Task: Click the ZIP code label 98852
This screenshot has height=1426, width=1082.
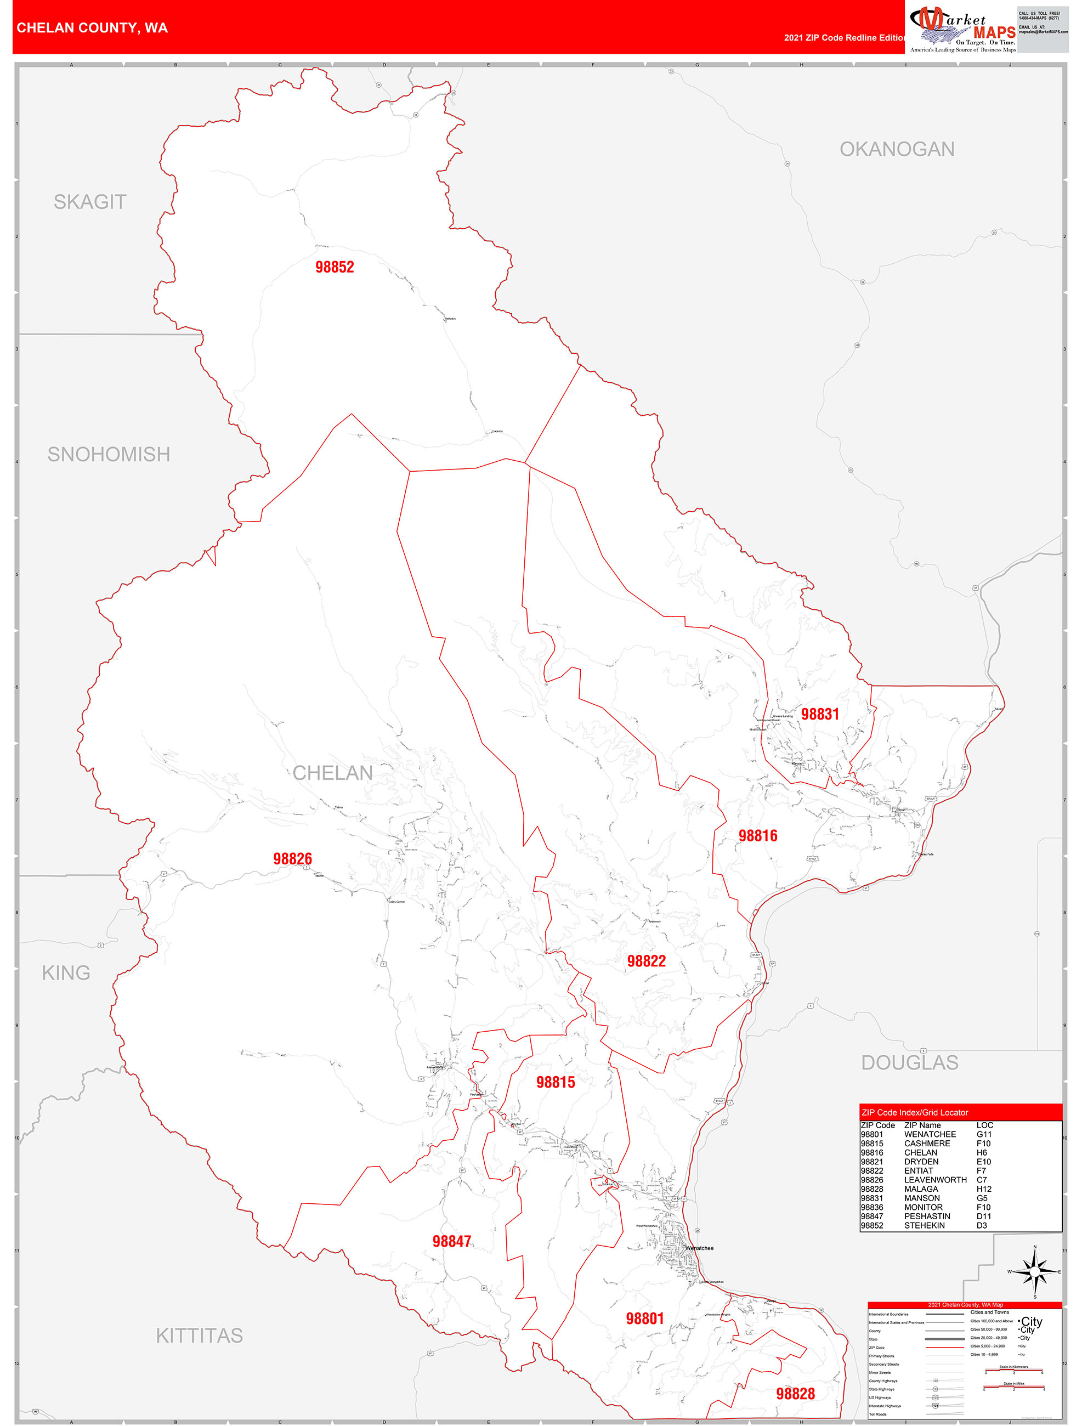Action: point(335,267)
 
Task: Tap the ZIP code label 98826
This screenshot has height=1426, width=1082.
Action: point(292,859)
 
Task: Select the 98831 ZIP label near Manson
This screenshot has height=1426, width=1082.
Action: point(820,714)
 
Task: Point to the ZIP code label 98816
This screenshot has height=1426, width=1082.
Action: point(758,836)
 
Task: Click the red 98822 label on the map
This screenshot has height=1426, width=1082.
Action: point(647,961)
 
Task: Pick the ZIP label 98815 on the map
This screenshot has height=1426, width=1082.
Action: point(556,1083)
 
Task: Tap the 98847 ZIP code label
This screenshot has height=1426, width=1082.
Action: point(452,1242)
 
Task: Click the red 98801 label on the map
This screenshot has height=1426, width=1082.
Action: point(644,1319)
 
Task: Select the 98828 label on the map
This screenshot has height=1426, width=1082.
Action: point(795,1394)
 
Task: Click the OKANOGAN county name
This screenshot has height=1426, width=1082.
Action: point(897,150)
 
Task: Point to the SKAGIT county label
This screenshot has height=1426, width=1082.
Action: point(89,202)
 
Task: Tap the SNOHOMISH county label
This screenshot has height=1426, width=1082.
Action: point(109,455)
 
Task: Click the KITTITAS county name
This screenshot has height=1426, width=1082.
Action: point(199,1336)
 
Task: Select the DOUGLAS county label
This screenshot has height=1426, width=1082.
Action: point(909,1063)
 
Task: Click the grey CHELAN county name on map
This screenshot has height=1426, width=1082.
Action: point(332,773)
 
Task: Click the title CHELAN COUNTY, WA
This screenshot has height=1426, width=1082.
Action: point(92,28)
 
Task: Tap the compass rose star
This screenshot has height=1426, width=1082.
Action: point(1034,1272)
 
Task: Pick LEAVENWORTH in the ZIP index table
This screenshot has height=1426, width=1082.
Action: point(935,1180)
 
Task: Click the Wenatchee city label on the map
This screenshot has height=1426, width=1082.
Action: point(700,1249)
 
